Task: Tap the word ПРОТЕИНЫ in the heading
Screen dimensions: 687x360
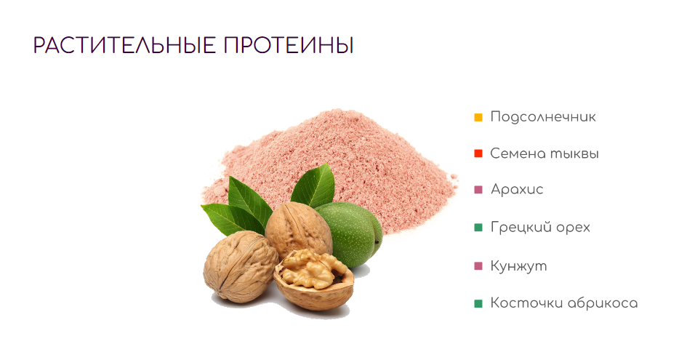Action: (289, 46)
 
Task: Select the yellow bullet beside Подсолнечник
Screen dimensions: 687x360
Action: (478, 118)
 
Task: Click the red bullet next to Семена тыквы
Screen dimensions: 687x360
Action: (478, 153)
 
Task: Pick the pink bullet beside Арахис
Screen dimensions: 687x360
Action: (478, 190)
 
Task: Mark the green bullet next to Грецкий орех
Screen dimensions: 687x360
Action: (478, 228)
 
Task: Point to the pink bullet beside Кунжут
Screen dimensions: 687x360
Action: (478, 265)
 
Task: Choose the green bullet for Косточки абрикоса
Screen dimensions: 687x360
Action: (478, 303)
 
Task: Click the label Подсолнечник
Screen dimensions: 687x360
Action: (543, 117)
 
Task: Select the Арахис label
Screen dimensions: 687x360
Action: (517, 189)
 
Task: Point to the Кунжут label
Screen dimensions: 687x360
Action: (519, 265)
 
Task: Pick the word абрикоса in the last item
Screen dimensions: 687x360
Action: (603, 303)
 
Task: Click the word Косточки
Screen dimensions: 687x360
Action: (526, 303)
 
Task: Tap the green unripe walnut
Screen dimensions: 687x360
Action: (353, 233)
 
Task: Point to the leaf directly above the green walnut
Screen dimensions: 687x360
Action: (314, 186)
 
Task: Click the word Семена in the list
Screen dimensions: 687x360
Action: (518, 153)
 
